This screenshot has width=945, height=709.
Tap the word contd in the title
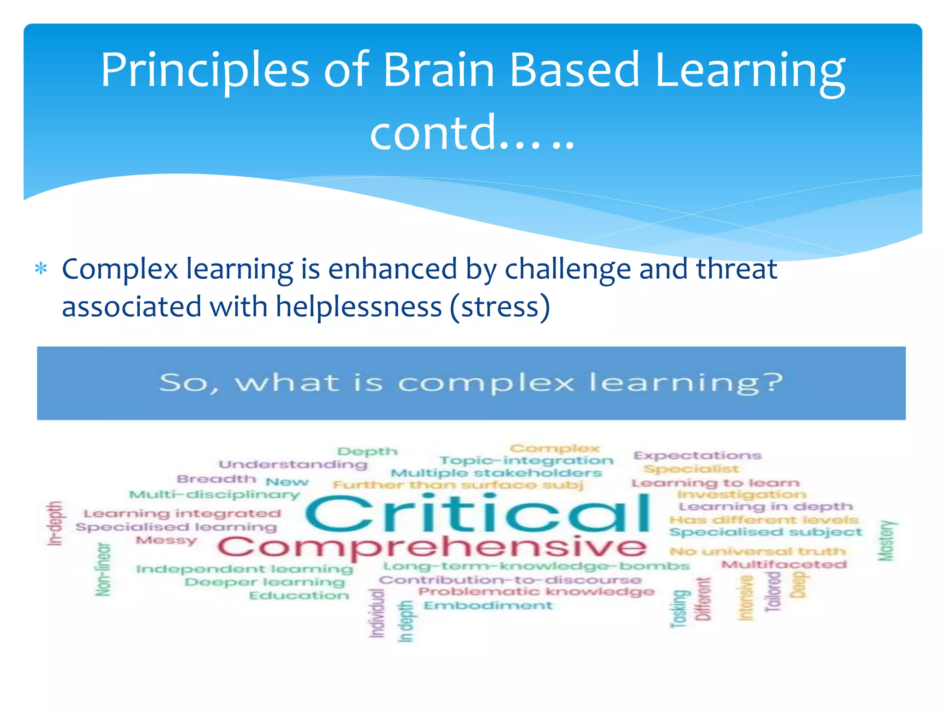click(432, 133)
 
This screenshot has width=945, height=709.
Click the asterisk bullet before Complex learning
click(41, 269)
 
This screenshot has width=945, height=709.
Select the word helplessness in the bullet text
click(359, 307)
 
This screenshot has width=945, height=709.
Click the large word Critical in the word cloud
click(477, 513)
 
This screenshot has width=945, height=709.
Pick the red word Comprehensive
click(432, 547)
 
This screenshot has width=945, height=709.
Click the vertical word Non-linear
click(103, 569)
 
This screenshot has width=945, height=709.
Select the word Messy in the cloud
click(167, 540)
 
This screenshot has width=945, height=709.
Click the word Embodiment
click(488, 606)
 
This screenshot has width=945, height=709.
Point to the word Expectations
click(697, 456)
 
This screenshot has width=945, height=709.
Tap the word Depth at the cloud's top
click(367, 451)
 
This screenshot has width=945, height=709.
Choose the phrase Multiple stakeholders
click(496, 473)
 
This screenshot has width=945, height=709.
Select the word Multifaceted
click(784, 565)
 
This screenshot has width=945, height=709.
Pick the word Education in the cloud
click(299, 596)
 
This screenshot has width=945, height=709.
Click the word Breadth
click(216, 479)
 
